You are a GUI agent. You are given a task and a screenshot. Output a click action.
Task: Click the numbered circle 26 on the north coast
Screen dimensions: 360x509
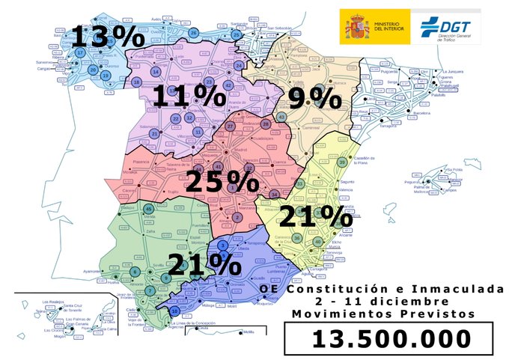194,32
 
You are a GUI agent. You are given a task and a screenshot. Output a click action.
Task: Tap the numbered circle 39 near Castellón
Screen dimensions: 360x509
342,162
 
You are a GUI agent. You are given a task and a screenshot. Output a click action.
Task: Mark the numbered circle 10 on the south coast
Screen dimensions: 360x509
174,311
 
